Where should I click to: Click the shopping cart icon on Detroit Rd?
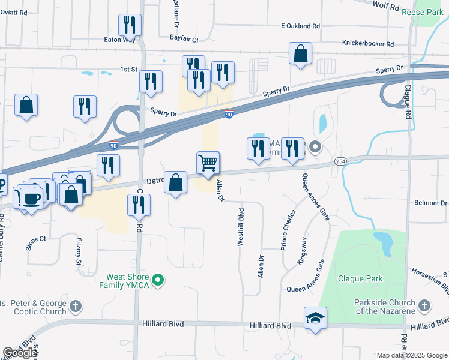208,163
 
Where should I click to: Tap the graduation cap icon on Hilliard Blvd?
315,318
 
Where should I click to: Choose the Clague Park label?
360,279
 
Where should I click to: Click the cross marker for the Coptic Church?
75,307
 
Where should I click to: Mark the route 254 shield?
340,163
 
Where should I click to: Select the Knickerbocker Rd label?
367,44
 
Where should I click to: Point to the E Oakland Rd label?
300,26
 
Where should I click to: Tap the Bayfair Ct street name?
184,38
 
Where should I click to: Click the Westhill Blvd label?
241,227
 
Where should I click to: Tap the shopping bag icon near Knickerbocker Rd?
300,54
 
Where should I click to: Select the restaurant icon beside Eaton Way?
130,25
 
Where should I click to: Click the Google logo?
20,353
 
